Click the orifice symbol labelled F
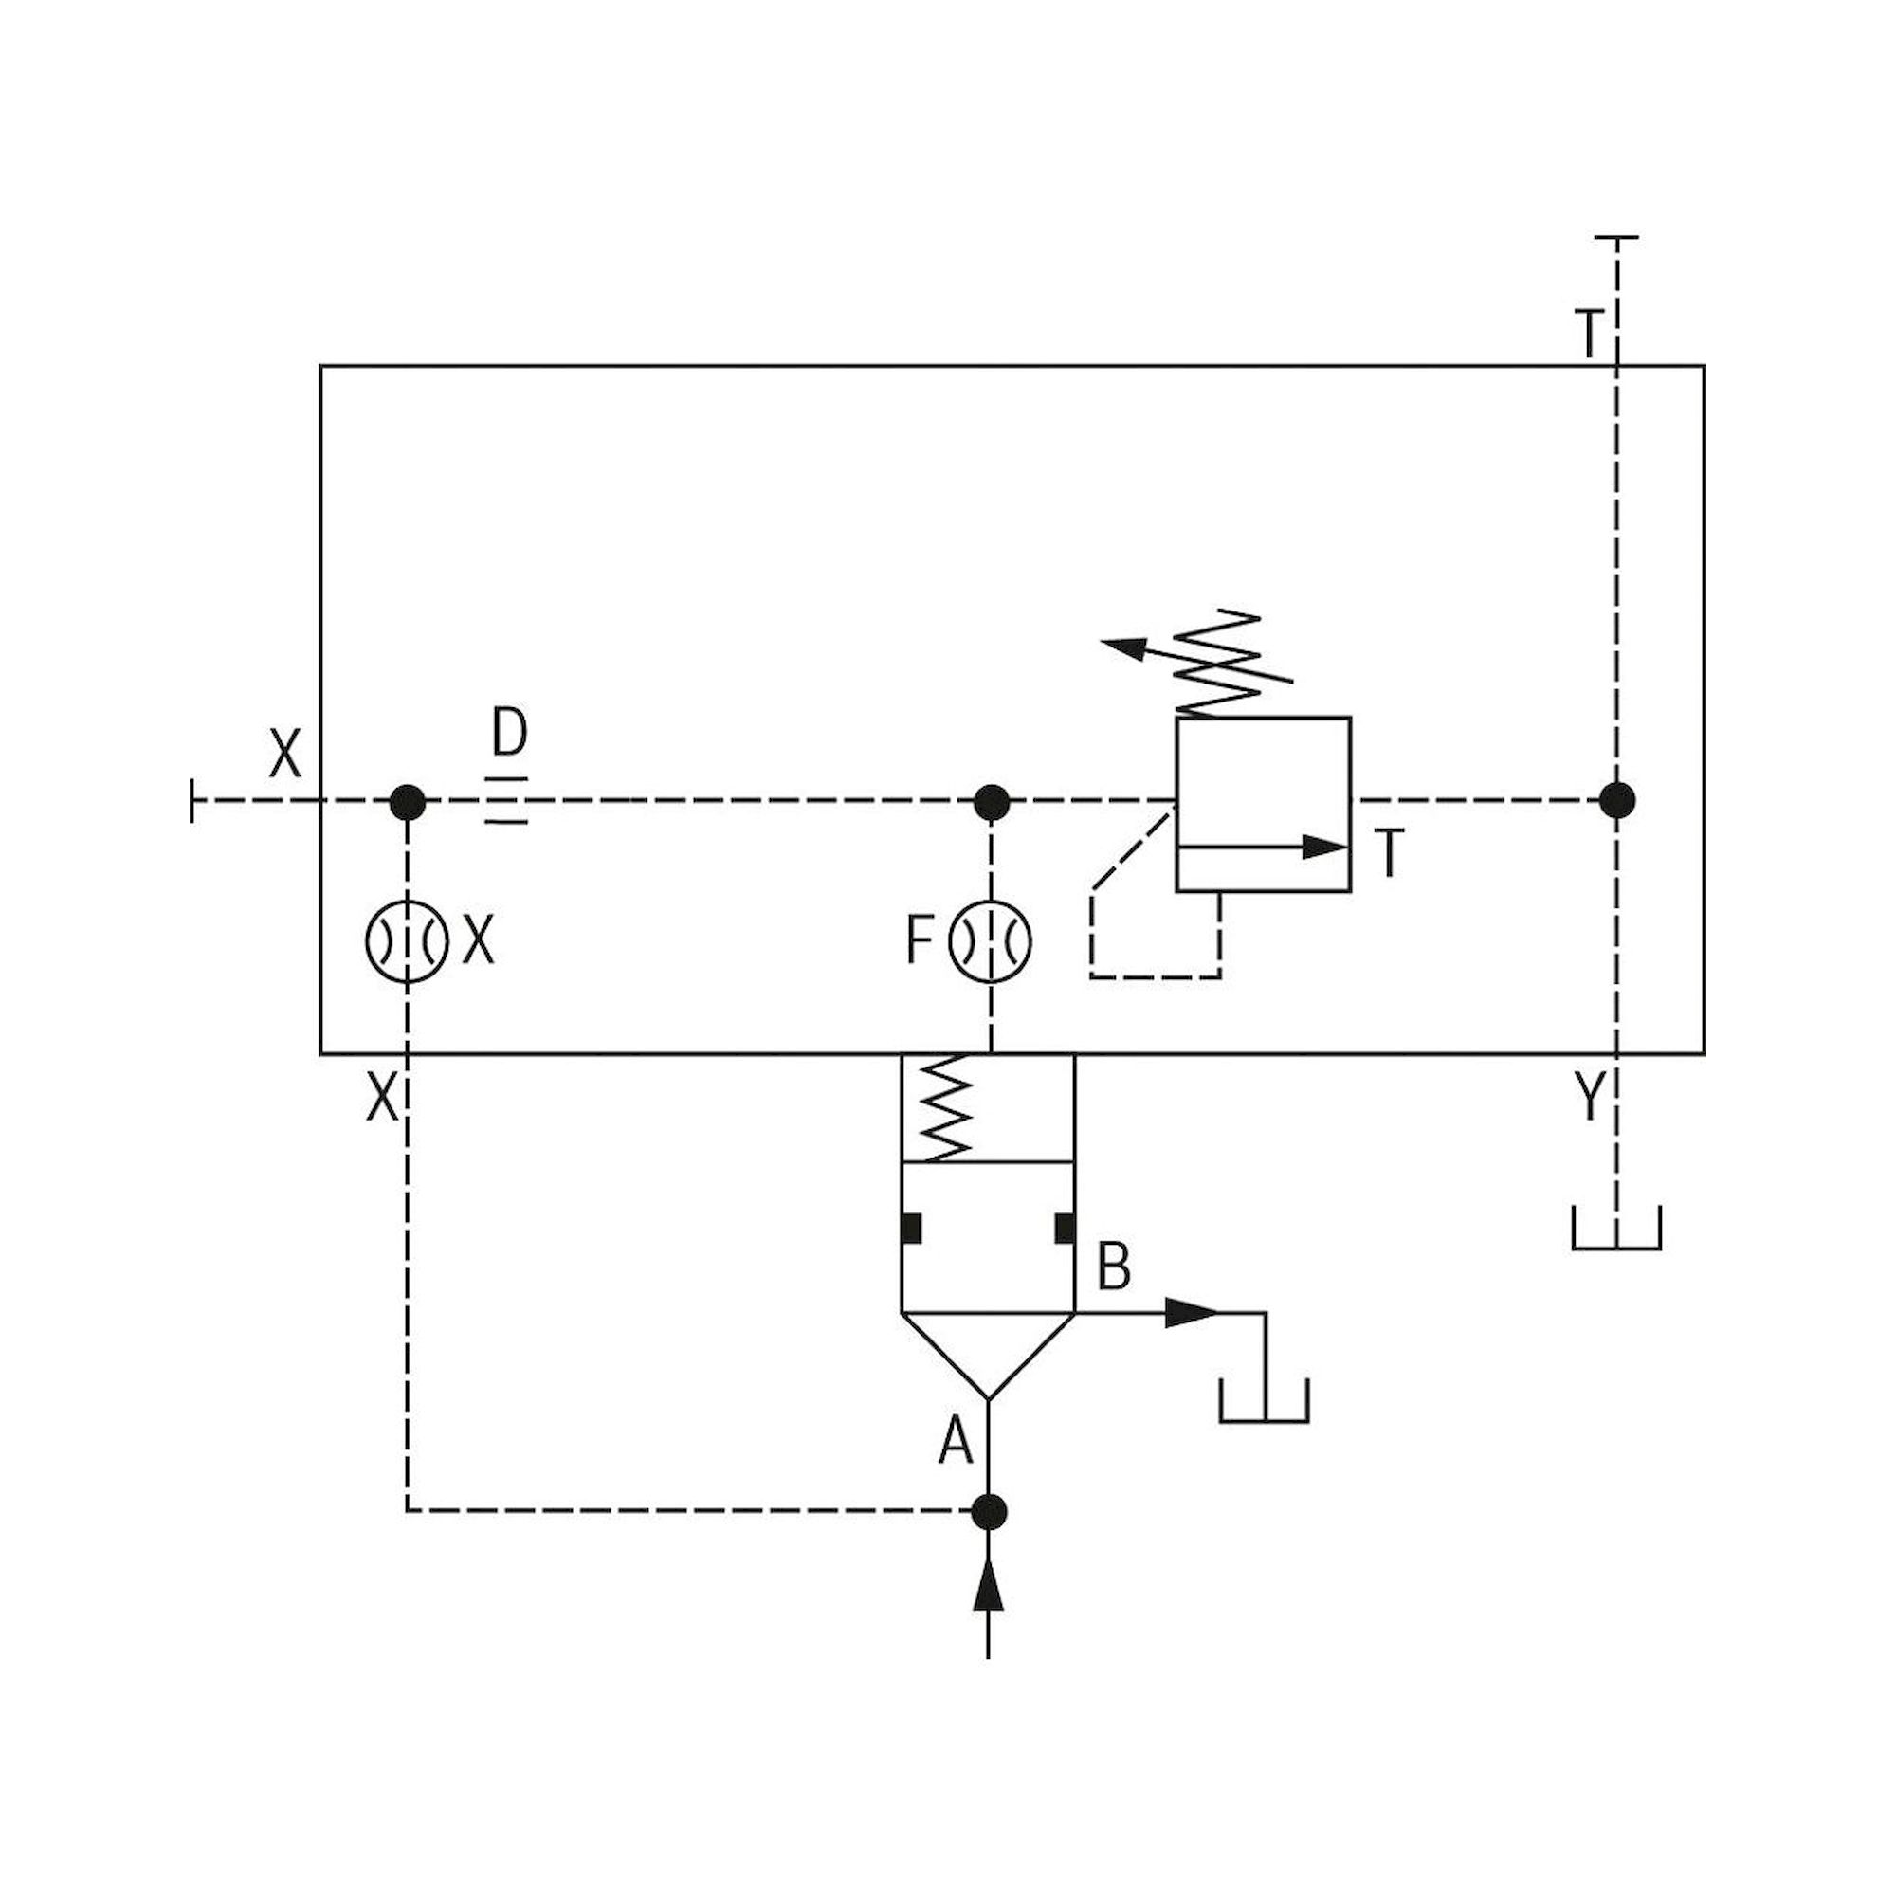991,941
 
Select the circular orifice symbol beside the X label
407,941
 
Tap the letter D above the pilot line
509,733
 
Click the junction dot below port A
989,1512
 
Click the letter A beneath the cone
955,1443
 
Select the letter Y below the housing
1590,1096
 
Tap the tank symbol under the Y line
1616,1230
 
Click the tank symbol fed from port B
1264,1401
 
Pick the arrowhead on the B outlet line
1191,1312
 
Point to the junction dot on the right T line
1617,801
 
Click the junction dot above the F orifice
992,802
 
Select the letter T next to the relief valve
1391,853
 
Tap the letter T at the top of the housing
1589,334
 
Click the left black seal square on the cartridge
912,1228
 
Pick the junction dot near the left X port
408,802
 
